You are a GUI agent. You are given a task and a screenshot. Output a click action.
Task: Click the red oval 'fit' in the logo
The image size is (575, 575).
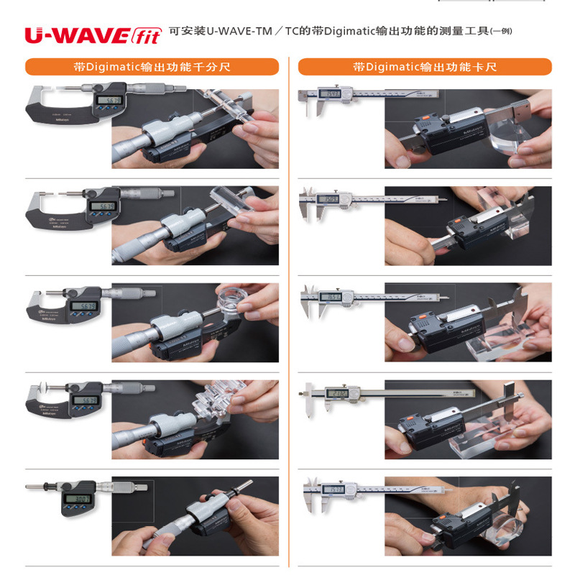tap(147, 34)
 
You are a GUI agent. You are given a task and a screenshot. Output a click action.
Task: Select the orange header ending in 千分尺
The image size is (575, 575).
tap(152, 67)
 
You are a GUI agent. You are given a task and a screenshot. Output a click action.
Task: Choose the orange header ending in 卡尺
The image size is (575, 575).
tap(425, 67)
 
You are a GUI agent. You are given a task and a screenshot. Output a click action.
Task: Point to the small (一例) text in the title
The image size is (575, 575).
tap(501, 32)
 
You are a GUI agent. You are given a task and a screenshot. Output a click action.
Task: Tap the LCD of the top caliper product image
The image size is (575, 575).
tap(330, 94)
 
